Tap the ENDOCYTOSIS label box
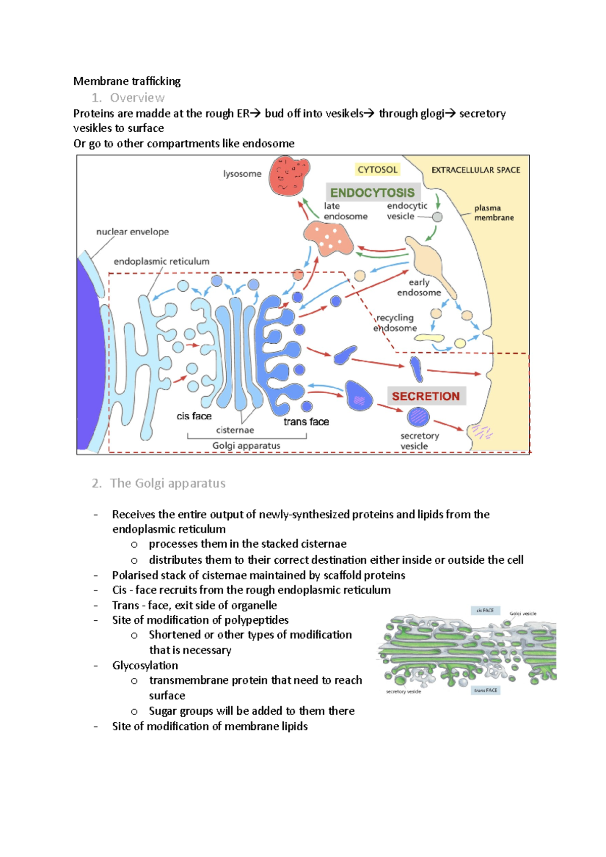click(373, 192)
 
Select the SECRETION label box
click(426, 396)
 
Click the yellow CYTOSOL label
click(377, 170)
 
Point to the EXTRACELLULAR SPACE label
click(475, 170)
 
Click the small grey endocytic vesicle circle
click(437, 217)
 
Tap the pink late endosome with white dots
click(328, 238)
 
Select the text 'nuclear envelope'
click(132, 232)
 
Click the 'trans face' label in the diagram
click(306, 421)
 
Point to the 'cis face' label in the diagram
click(194, 416)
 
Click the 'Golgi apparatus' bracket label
click(246, 446)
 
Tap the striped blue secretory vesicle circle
click(418, 416)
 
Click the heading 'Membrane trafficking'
click(127, 81)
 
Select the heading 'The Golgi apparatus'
click(168, 483)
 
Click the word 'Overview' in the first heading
click(137, 97)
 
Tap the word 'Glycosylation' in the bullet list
click(145, 665)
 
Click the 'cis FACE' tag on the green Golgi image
click(485, 610)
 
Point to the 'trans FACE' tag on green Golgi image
click(485, 690)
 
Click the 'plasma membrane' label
click(493, 212)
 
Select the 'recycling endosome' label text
click(395, 323)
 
